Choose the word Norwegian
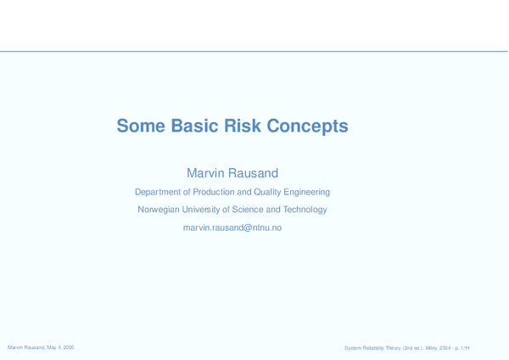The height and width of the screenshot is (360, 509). click(x=159, y=210)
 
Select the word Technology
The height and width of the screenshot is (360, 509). click(x=305, y=210)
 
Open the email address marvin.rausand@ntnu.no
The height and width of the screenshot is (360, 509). click(x=232, y=228)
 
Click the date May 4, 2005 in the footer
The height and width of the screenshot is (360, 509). click(x=60, y=348)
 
